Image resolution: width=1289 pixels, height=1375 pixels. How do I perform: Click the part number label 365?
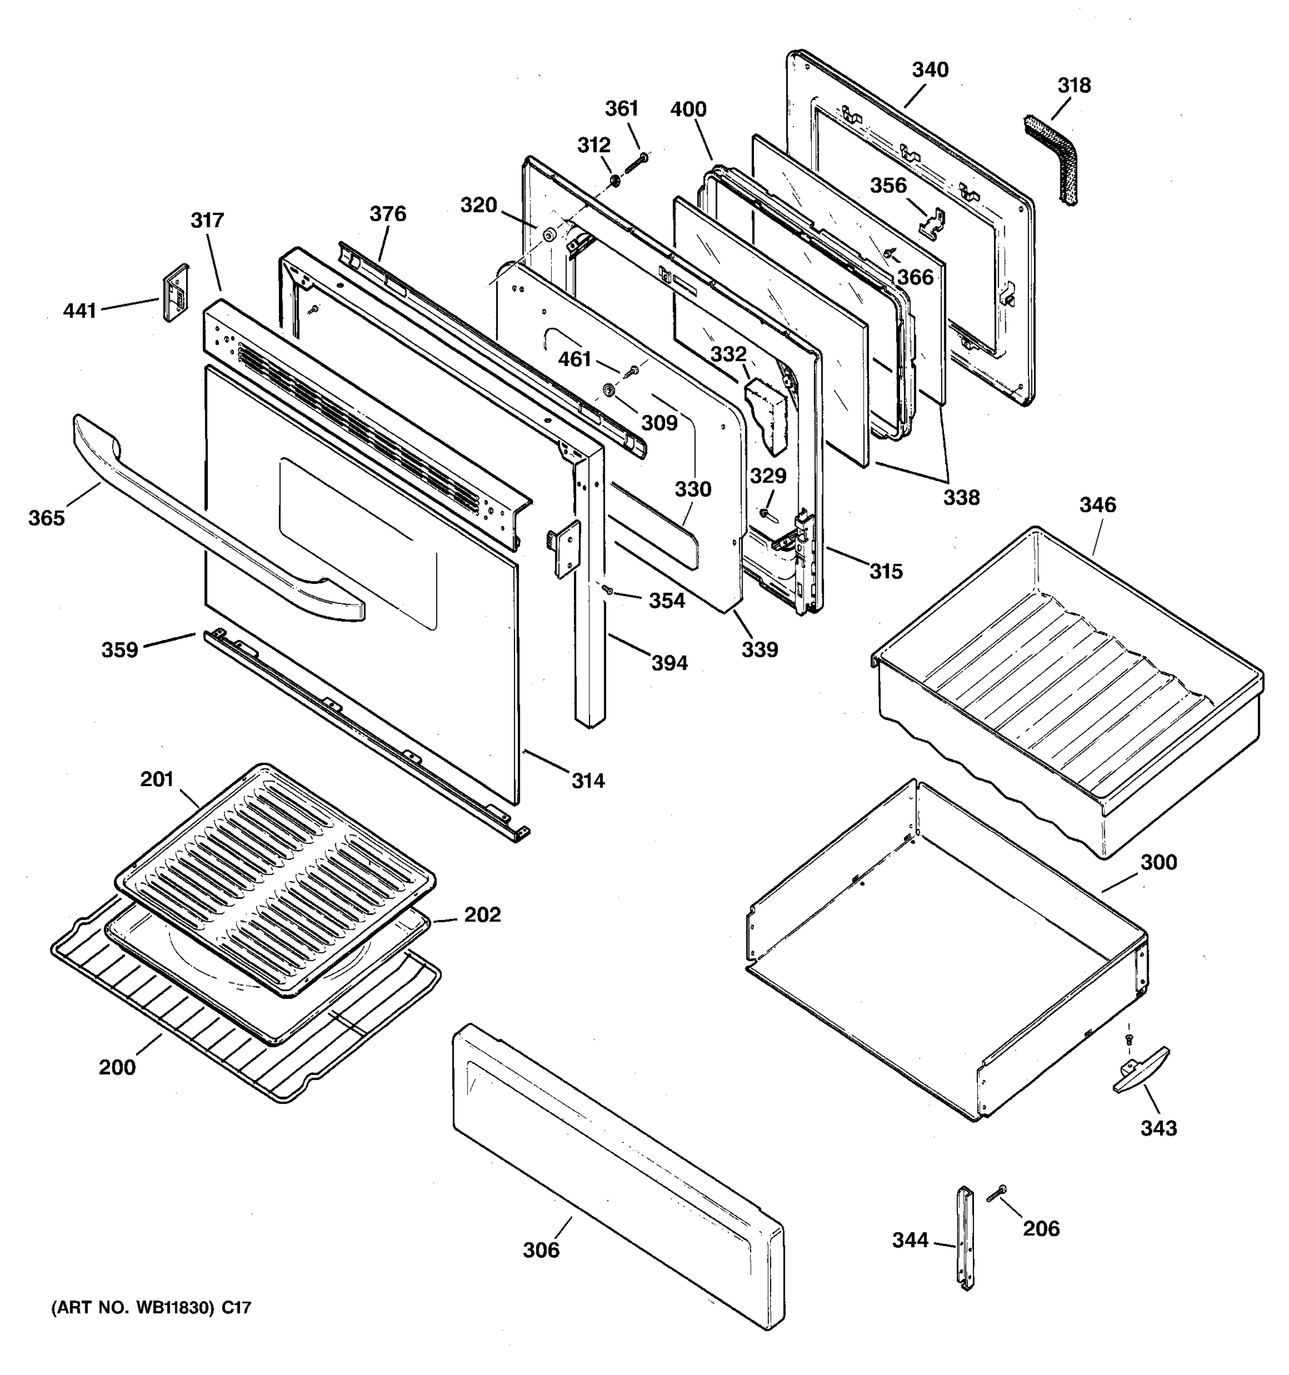tap(46, 517)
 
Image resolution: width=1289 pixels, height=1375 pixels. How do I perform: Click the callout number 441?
tap(80, 311)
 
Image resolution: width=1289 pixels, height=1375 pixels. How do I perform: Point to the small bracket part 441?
tap(175, 293)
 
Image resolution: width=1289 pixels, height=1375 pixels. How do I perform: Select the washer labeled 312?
tap(614, 182)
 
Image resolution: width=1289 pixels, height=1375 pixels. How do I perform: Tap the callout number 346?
tap(1098, 504)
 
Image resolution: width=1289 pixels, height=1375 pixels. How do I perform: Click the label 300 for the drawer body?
tap(1158, 862)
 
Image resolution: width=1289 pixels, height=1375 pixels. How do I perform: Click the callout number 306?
tap(541, 1249)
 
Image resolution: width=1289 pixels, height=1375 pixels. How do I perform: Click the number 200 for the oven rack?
tap(117, 1067)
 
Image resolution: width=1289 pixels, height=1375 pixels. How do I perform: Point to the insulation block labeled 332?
tap(766, 415)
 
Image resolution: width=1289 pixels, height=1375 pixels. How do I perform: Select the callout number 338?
tap(961, 497)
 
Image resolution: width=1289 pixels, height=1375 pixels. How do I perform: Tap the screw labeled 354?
tap(607, 590)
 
